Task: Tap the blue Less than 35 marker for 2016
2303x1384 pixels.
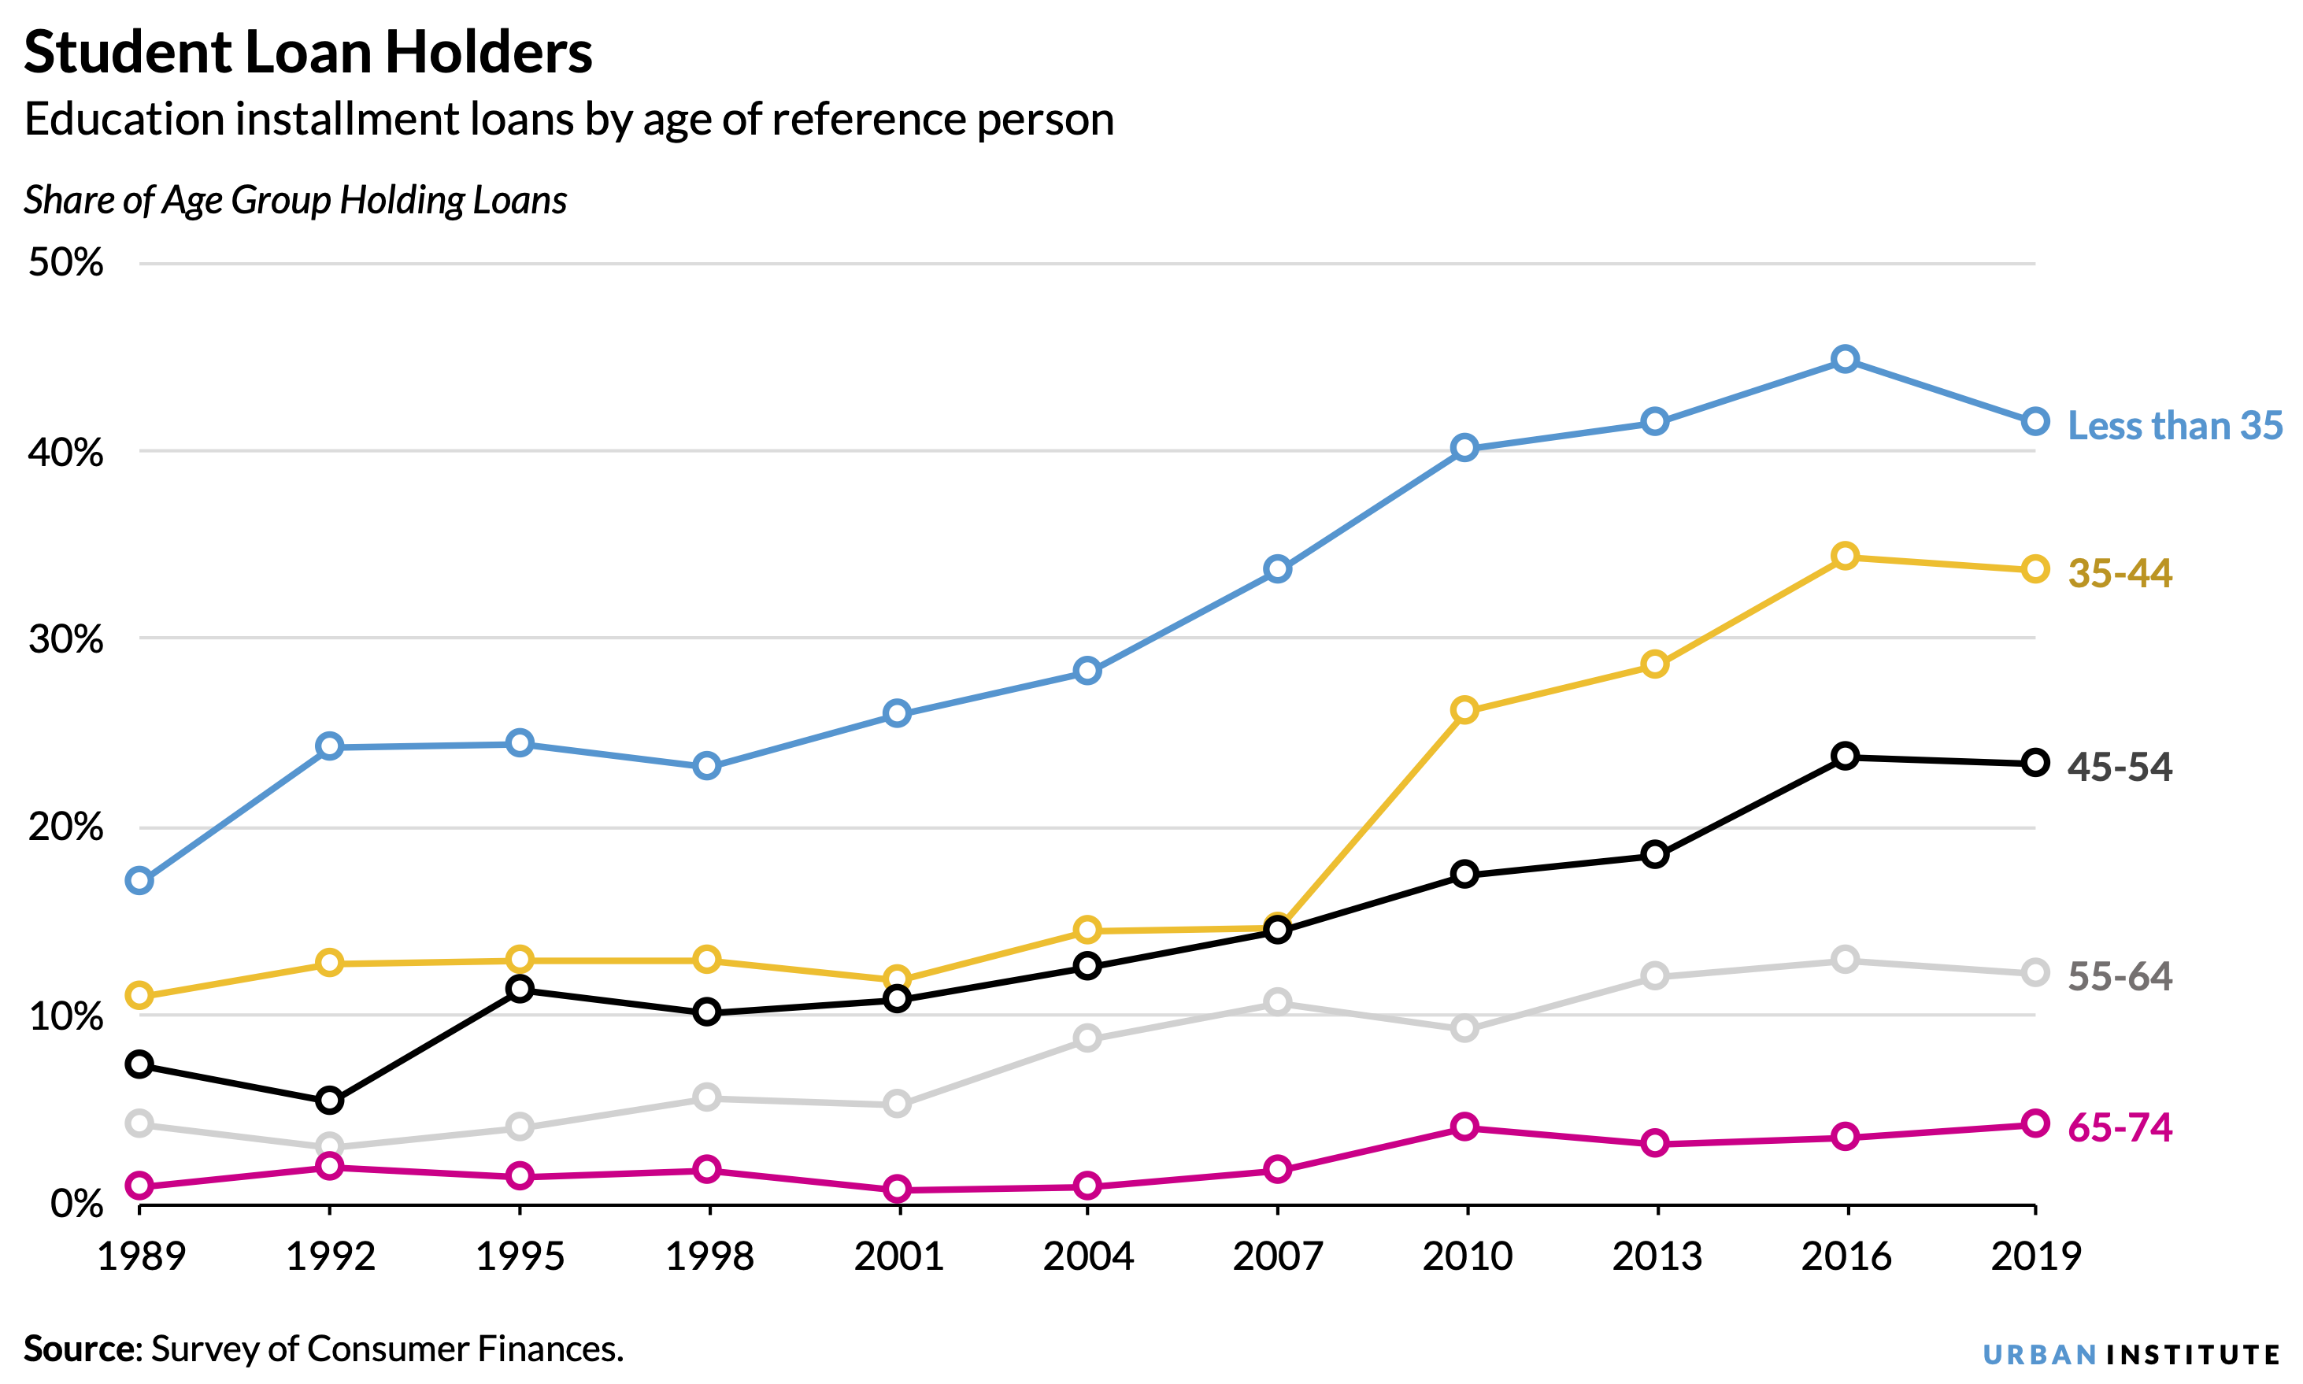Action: click(1844, 359)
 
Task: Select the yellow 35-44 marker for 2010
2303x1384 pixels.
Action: click(1464, 710)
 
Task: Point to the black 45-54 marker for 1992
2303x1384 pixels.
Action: click(329, 1101)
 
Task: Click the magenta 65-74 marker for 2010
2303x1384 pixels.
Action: click(1464, 1127)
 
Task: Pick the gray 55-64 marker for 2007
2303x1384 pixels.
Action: click(1277, 1002)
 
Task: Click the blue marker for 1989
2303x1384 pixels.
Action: click(140, 880)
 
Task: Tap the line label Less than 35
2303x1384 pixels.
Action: click(2175, 425)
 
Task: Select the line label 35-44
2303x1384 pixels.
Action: click(2120, 572)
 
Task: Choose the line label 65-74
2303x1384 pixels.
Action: click(2120, 1127)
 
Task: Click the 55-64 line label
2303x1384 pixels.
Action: click(2120, 976)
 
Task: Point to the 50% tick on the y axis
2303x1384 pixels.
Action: click(65, 263)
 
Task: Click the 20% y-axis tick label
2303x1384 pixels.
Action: click(65, 827)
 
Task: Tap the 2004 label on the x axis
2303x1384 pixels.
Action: click(1087, 1256)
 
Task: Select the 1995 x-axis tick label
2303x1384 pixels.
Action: click(520, 1256)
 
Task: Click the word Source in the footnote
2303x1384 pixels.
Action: click(80, 1349)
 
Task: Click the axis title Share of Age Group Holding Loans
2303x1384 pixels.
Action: click(294, 201)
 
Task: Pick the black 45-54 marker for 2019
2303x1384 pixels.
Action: click(2035, 763)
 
